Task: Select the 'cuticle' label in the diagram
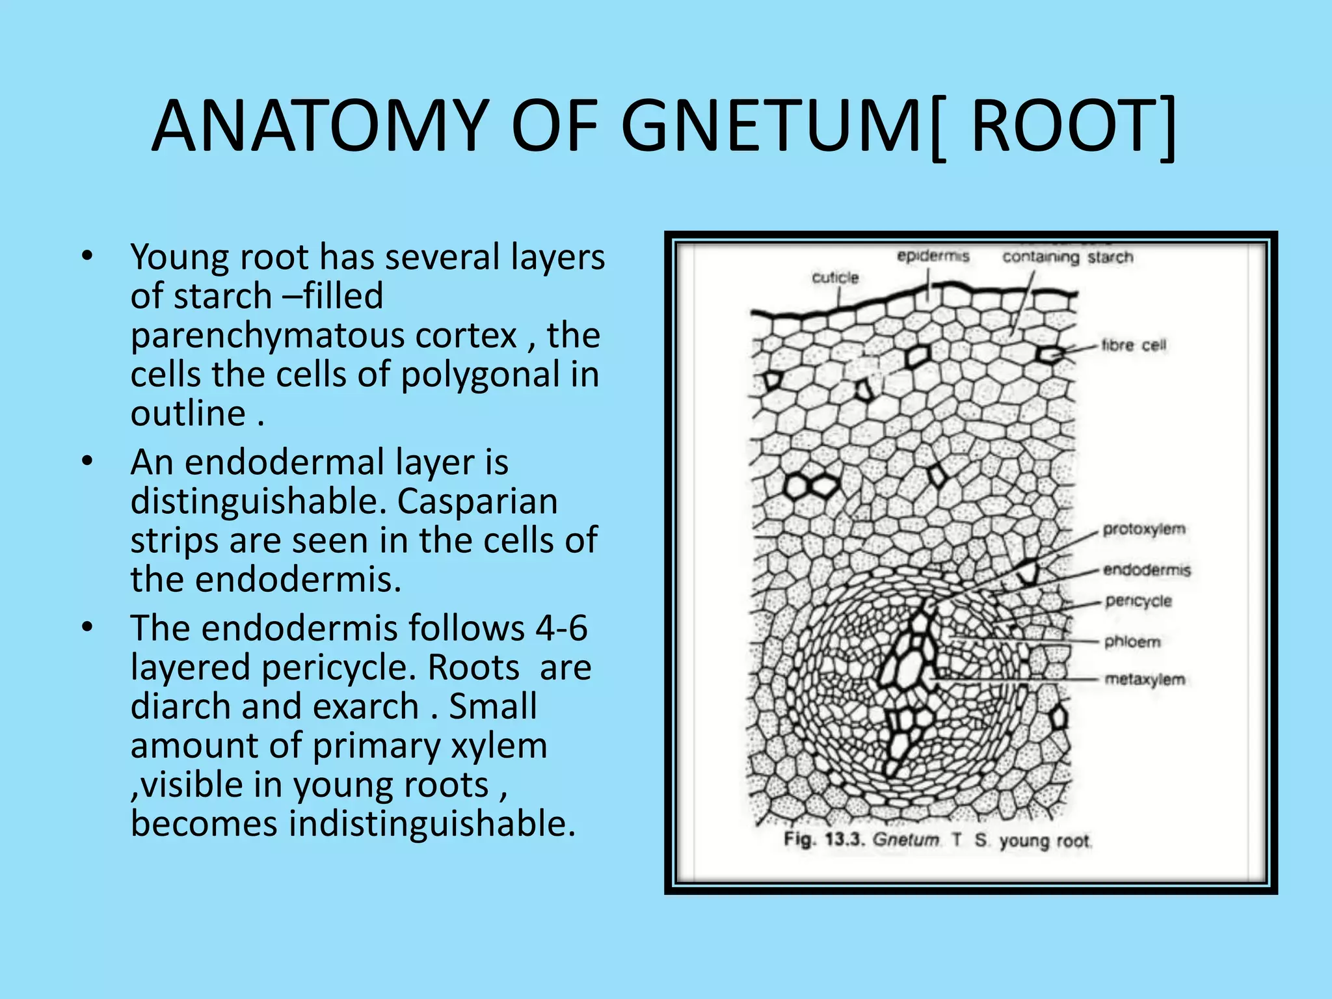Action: click(x=835, y=278)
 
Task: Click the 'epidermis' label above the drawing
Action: click(x=933, y=256)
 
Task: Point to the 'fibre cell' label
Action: click(x=1134, y=345)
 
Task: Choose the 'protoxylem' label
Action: click(x=1144, y=529)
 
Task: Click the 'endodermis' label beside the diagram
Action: click(x=1147, y=570)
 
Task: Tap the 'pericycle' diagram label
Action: click(x=1138, y=601)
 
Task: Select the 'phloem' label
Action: click(x=1132, y=642)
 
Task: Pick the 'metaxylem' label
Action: click(x=1145, y=679)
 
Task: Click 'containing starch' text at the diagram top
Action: click(x=1067, y=257)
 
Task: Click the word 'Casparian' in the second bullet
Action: click(x=477, y=501)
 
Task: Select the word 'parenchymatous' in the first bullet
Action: click(x=323, y=336)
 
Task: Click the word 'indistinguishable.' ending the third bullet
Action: click(x=433, y=823)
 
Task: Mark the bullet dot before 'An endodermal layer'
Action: click(x=88, y=461)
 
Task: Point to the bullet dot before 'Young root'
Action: click(x=88, y=256)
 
